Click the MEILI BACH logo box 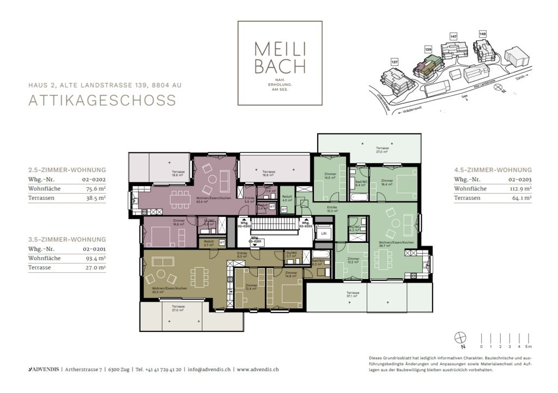coord(280,63)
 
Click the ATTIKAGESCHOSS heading coord(102,100)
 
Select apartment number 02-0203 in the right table coord(520,179)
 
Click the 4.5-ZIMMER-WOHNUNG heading coord(493,169)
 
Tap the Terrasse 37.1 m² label coord(353,294)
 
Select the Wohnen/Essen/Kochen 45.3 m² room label coord(159,290)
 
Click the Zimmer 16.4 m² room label coord(387,182)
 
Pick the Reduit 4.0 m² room coord(287,198)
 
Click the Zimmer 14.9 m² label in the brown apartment coord(290,274)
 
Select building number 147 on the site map coord(453,36)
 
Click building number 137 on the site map coord(395,62)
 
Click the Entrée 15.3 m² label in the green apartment coord(332,209)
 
